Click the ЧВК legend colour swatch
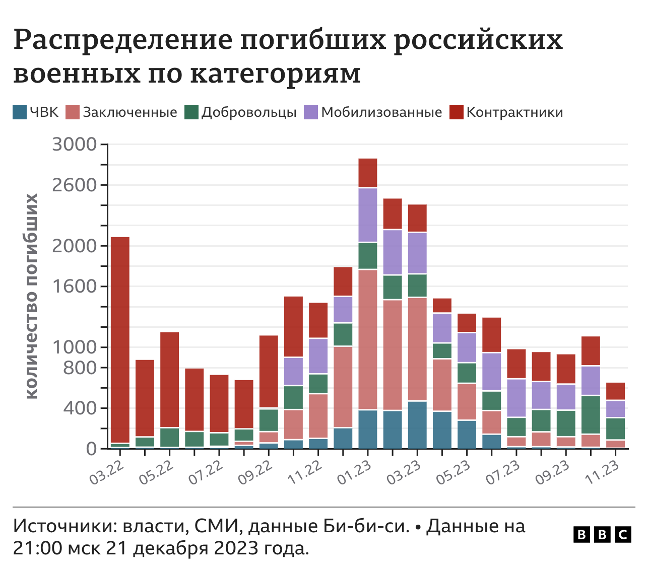coord(20,112)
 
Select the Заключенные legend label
coord(130,112)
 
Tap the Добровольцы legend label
coord(249,112)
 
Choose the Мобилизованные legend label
coord(381,112)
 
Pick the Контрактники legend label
coord(514,112)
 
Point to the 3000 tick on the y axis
coord(74,145)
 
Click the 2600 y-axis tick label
coord(74,185)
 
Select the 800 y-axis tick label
coord(80,368)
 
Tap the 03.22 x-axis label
coord(105,471)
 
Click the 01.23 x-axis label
coord(353,471)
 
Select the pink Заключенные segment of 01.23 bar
coord(368,340)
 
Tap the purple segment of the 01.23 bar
coord(368,215)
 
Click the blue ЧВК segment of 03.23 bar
coord(417,424)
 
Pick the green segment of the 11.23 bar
coord(615,429)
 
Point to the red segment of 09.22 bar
coord(269,371)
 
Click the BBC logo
coord(602,534)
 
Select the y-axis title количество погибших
coord(31,296)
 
